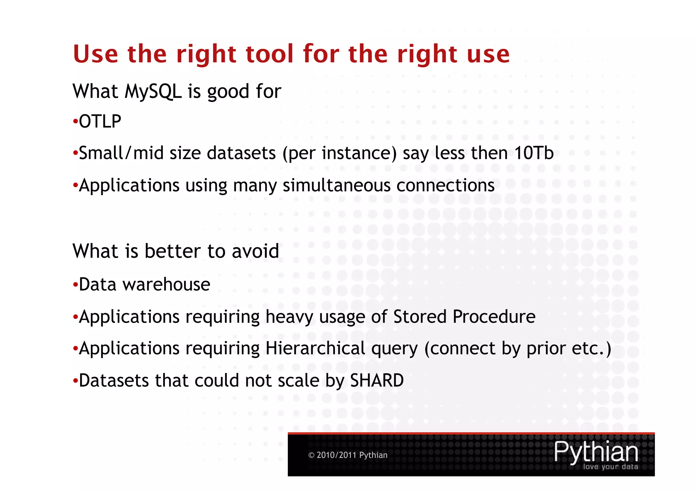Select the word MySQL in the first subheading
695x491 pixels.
[153, 92]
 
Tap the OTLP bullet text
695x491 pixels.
[100, 121]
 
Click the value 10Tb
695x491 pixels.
[534, 153]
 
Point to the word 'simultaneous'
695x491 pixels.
[336, 186]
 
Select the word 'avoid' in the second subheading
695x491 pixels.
[255, 251]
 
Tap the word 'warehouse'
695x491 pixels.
[166, 284]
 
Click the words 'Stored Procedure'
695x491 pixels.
[464, 317]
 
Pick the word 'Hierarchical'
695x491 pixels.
[315, 348]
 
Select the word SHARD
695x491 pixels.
[377, 380]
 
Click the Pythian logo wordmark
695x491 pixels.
[596, 452]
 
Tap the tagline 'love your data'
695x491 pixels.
[610, 467]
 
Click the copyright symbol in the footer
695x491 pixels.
[311, 455]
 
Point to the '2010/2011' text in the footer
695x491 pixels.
[336, 455]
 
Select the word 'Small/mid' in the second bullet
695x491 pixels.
[101, 153]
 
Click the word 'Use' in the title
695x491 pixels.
[95, 54]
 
